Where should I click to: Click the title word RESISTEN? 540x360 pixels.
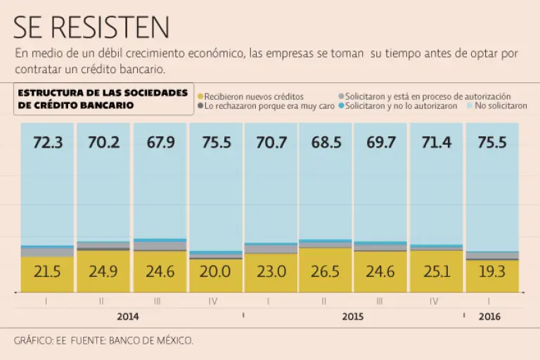[120, 27]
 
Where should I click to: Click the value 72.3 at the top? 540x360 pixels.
[48, 143]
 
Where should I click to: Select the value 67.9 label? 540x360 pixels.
[160, 143]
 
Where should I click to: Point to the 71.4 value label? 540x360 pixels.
[436, 143]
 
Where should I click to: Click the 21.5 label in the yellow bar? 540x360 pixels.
[48, 271]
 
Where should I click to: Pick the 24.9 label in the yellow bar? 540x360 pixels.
[103, 271]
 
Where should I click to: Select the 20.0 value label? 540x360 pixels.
[215, 271]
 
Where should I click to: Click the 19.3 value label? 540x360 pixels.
[491, 271]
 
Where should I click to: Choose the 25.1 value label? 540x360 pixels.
[436, 271]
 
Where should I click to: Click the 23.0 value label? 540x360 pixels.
[271, 271]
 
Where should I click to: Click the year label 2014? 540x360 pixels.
[128, 316]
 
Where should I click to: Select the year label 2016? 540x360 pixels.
[489, 316]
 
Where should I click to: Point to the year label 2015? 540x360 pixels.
[352, 316]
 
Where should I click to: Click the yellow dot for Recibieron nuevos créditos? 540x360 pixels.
[200, 96]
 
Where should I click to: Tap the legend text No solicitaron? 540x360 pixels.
[501, 106]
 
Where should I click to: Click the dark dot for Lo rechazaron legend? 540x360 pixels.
[200, 106]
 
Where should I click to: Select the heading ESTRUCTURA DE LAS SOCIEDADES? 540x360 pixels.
[103, 93]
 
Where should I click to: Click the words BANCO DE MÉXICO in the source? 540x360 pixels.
[150, 340]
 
